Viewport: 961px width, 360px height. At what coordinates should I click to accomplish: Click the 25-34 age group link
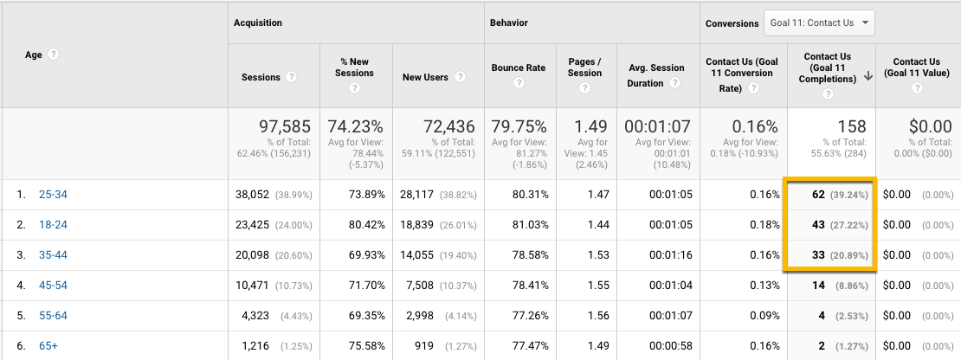pos(53,195)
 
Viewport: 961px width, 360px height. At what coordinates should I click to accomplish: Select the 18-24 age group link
pos(53,225)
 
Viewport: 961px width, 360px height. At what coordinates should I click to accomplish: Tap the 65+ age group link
pos(48,346)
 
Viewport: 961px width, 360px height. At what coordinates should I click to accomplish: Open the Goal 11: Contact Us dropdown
pos(819,23)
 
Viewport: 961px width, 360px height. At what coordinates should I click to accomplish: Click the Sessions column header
pos(261,77)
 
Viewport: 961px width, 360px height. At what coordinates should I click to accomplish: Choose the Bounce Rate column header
pos(519,67)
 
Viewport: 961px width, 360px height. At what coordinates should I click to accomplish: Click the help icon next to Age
pos(54,55)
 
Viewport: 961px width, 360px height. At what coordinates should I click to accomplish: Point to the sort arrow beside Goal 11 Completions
pos(867,77)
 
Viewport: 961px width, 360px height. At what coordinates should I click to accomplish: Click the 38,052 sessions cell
pos(254,195)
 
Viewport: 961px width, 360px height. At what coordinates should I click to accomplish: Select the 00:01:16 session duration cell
pos(661,255)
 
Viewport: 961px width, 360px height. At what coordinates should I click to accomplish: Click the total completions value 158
pos(852,127)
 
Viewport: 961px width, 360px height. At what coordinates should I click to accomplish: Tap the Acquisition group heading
pos(257,23)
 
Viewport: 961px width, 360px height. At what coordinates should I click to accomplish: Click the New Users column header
pos(425,77)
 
